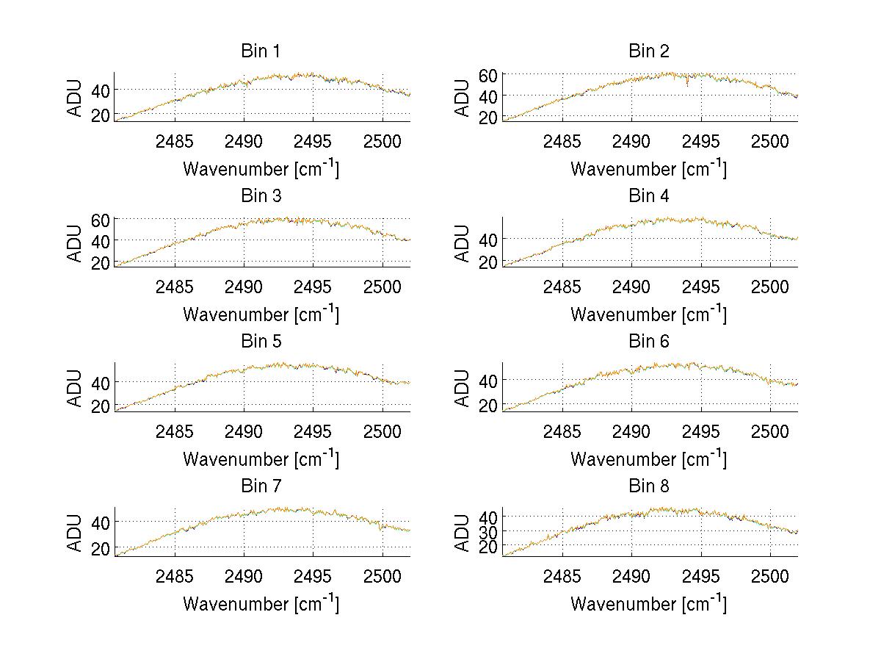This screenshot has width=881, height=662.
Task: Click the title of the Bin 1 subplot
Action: [x=261, y=51]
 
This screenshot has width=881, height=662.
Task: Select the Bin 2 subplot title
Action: [x=649, y=51]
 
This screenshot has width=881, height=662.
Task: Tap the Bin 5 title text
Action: [x=261, y=342]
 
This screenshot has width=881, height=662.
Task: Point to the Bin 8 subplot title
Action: [x=649, y=486]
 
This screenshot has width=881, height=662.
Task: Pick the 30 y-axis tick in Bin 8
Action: [x=490, y=531]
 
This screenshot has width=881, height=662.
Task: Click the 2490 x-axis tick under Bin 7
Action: [x=244, y=575]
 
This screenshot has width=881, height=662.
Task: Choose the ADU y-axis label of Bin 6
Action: [x=463, y=388]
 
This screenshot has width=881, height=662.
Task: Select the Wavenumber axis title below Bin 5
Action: [x=261, y=459]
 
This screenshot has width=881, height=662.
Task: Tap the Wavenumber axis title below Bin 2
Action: [x=649, y=169]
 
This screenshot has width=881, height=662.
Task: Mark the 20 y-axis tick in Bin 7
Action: [x=102, y=548]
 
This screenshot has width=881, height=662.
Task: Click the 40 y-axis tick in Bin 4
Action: [x=490, y=239]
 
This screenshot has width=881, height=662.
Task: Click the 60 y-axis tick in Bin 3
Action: [x=102, y=220]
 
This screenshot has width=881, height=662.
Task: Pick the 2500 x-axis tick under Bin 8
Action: [x=770, y=575]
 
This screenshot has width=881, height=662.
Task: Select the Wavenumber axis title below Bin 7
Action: [x=261, y=604]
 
